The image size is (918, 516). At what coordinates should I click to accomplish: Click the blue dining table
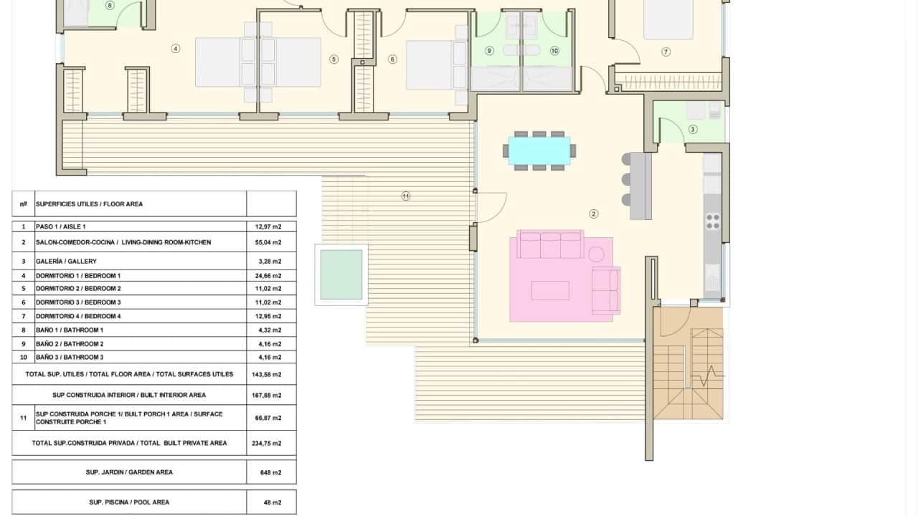click(x=539, y=150)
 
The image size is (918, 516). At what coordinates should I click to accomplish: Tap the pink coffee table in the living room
click(x=550, y=290)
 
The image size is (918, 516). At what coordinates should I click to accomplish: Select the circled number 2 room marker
click(x=594, y=214)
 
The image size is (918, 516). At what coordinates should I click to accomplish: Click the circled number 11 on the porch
click(x=406, y=196)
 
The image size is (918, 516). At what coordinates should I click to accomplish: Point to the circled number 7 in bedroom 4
click(x=666, y=52)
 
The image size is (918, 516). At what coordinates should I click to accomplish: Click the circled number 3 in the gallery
click(x=692, y=130)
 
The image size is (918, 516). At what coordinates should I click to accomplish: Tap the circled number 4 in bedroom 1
click(x=175, y=49)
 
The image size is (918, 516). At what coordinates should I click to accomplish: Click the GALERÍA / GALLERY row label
click(x=66, y=261)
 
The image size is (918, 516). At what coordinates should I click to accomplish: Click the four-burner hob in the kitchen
click(x=712, y=221)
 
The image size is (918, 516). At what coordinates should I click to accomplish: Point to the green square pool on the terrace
click(x=341, y=274)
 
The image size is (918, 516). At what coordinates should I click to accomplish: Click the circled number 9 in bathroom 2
click(x=490, y=51)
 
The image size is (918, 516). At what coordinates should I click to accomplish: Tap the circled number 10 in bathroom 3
click(x=554, y=51)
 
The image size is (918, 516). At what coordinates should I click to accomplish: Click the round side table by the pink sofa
click(x=596, y=253)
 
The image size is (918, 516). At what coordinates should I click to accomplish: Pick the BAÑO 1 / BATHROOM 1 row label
click(x=70, y=330)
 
